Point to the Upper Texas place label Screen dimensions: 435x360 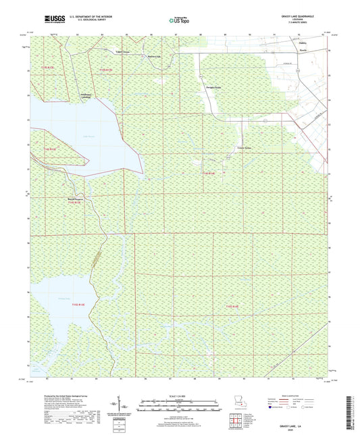(122, 51)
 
